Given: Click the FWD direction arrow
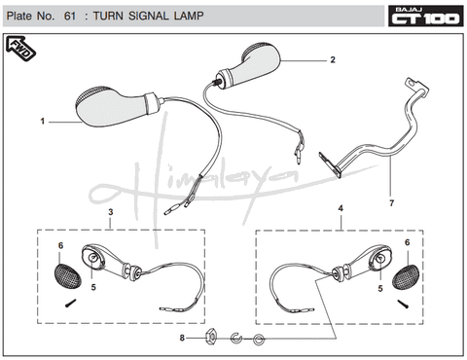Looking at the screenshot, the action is [x=20, y=49].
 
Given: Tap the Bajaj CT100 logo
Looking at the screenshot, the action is [x=426, y=16].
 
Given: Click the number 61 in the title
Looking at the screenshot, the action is [x=70, y=16].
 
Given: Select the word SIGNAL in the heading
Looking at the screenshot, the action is [x=149, y=16].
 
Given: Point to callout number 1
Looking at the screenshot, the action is [x=43, y=122].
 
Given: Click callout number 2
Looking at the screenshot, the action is [x=333, y=59].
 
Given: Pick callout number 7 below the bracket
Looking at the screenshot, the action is [x=392, y=203].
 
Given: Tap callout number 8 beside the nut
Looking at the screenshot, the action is [x=182, y=338].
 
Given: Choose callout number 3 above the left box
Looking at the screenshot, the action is [x=111, y=212].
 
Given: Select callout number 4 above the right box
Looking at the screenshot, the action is [x=341, y=208].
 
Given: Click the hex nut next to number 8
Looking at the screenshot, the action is [x=211, y=338].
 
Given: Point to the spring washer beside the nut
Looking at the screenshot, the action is [x=236, y=339].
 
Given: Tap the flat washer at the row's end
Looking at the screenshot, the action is [x=259, y=340].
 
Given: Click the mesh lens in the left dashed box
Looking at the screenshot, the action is [x=67, y=276].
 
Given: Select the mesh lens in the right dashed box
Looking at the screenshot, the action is [x=406, y=276].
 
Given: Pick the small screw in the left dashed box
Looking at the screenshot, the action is [x=70, y=304].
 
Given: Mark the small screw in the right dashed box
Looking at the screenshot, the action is [x=403, y=304].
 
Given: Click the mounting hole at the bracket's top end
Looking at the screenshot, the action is [x=412, y=83].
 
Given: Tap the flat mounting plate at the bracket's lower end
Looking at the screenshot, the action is [x=330, y=165].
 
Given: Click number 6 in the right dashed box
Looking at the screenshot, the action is [x=407, y=242].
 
